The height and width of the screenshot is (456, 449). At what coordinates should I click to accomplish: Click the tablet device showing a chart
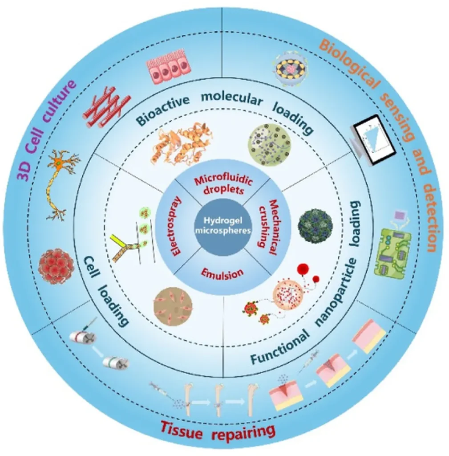(374, 139)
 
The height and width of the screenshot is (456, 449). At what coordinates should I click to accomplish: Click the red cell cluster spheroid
(55, 266)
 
